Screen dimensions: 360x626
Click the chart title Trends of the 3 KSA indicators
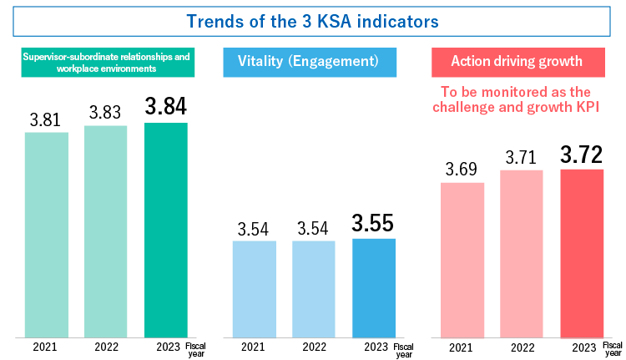pos(313,18)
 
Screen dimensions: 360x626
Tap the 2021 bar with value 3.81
pos(46,235)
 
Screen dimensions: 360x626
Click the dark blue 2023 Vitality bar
pos(374,288)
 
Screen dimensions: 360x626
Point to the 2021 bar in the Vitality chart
pos(253,289)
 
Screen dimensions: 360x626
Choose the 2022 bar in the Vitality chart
pos(314,289)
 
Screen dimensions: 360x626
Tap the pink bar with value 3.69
pos(462,260)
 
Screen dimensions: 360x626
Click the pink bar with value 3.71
pos(522,254)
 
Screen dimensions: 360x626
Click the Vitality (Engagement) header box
pos(309,62)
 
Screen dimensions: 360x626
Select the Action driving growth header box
pos(528,62)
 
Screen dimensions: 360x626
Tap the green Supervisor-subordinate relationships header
pos(107,62)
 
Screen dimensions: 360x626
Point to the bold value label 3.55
pos(372,224)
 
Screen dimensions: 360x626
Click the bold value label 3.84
pos(165,107)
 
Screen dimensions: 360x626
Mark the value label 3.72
pos(581,154)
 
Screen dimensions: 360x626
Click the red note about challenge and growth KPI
pos(528,99)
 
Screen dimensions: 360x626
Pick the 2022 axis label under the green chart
pos(106,347)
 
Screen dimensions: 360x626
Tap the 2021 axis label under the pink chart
pos(461,347)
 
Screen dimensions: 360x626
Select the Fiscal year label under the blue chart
pos(403,349)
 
